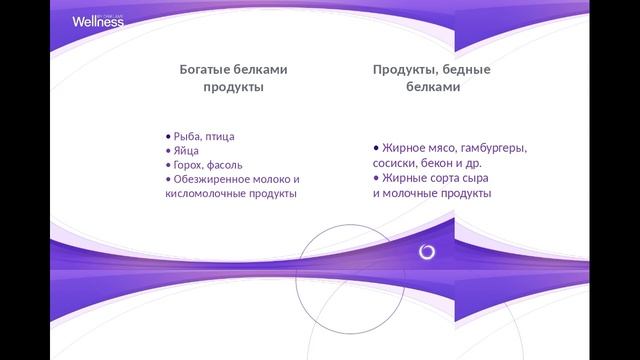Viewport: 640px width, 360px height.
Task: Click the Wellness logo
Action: click(98, 20)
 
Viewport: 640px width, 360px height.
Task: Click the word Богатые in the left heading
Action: click(207, 70)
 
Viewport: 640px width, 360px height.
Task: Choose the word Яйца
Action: click(186, 151)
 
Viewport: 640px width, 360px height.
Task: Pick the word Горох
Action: click(190, 165)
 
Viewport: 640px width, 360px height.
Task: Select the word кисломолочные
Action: click(205, 193)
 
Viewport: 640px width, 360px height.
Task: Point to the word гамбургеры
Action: click(492, 148)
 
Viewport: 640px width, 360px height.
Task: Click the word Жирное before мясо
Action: click(403, 148)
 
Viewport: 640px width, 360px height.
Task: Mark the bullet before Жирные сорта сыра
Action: click(376, 178)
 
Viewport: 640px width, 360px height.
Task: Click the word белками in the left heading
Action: click(264, 70)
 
